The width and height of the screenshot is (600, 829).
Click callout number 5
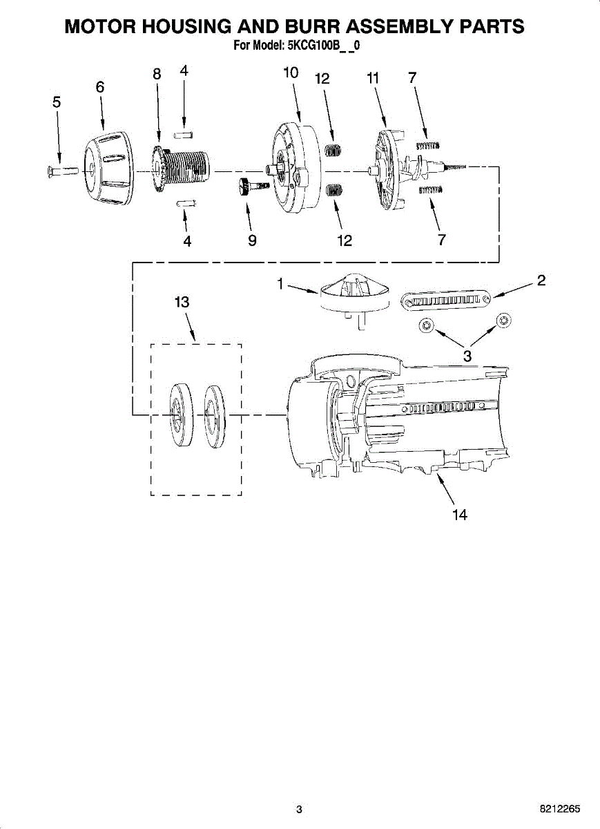(x=57, y=102)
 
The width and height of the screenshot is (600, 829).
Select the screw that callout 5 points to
(x=63, y=172)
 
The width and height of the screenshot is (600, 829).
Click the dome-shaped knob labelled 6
(x=108, y=168)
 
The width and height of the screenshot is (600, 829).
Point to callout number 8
(x=157, y=74)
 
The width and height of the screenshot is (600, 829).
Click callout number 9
(x=252, y=240)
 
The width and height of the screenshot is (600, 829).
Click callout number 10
(x=291, y=73)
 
